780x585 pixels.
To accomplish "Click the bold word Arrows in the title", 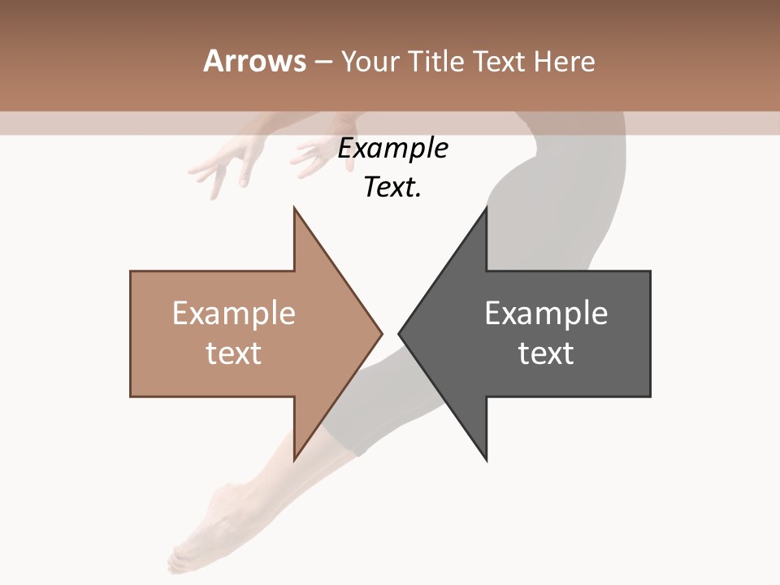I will point(255,61).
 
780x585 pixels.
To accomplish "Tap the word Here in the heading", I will point(565,61).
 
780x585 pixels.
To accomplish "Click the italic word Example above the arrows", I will point(392,149).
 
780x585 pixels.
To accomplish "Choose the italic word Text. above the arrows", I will point(392,188).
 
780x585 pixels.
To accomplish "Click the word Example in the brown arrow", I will point(234,314).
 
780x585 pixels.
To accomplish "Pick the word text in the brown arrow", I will point(234,353).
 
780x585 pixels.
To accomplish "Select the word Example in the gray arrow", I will point(546,314).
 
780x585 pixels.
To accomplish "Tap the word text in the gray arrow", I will point(546,353).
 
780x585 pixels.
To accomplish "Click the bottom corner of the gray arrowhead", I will point(486,458).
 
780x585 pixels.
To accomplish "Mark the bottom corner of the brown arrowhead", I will point(295,458).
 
